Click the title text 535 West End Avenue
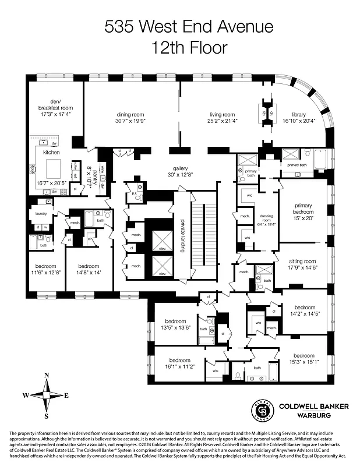(x=180, y=27)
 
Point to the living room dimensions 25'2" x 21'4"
(x=222, y=121)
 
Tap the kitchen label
(x=51, y=152)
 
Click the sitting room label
(x=302, y=261)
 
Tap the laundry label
(x=41, y=214)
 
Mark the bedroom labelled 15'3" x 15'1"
(x=304, y=355)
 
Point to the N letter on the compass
(x=47, y=375)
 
